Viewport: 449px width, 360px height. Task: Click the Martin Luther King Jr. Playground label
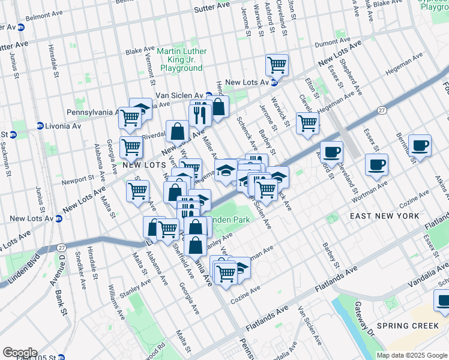coord(181,59)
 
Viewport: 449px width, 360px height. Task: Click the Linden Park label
coord(229,220)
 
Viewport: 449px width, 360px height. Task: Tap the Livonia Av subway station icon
coord(40,126)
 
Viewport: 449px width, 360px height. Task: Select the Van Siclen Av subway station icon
coord(208,95)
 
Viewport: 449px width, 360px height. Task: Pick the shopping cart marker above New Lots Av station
coord(277,65)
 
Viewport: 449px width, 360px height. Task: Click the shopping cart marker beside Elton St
coord(307,123)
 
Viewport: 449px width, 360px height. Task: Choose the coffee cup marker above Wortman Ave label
coord(376,164)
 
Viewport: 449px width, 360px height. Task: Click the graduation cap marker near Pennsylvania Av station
coord(141,109)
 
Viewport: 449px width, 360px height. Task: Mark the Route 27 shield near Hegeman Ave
coord(381,110)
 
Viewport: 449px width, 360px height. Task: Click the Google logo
coord(20,353)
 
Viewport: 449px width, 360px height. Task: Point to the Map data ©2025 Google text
coord(412,355)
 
